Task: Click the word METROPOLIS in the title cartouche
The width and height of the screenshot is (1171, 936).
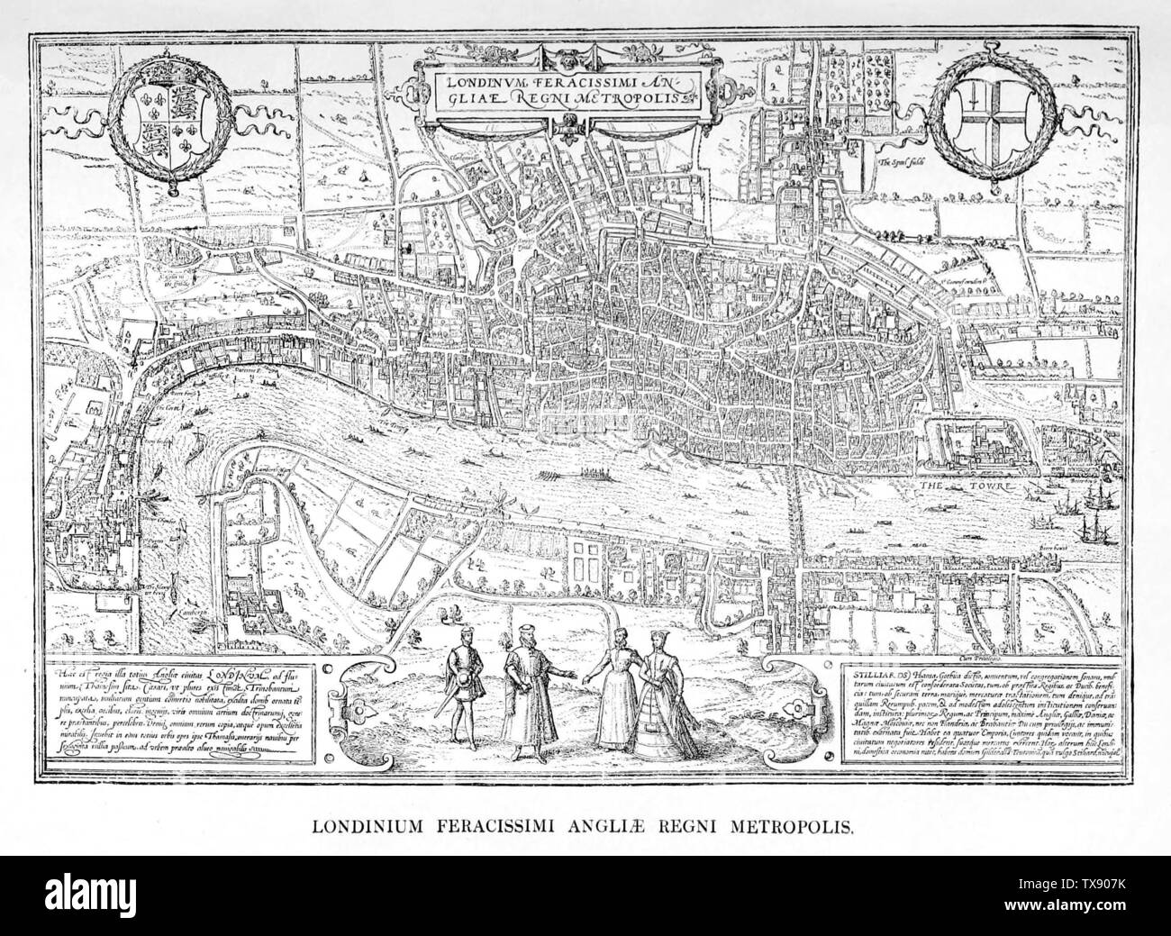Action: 631,95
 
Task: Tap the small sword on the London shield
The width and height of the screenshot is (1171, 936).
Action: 980,98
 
